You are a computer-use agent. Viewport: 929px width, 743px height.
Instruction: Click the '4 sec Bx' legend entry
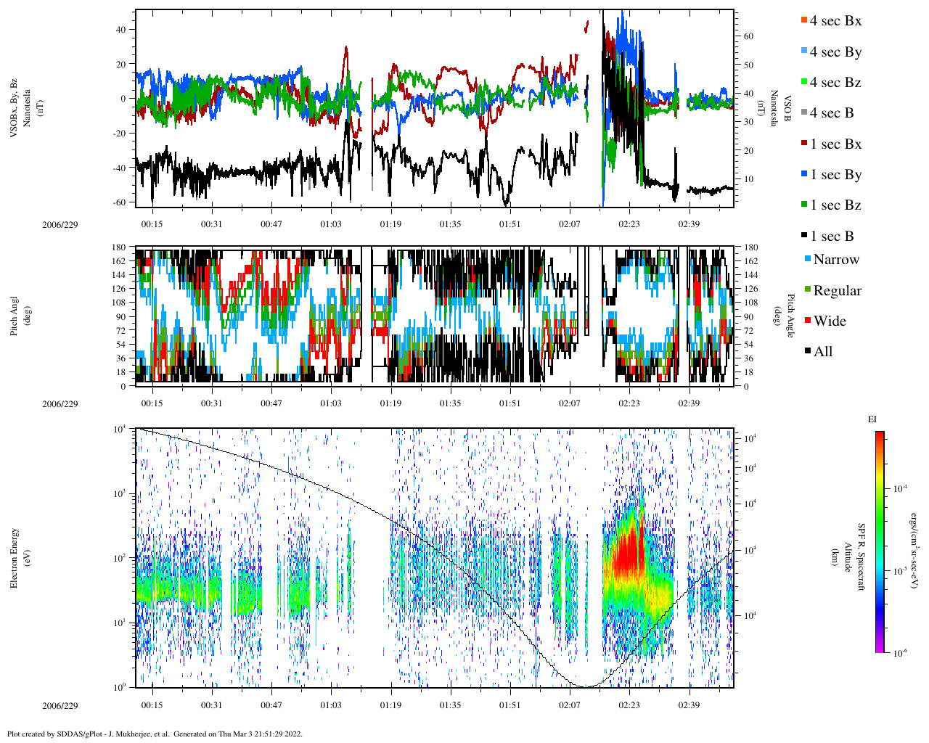(835, 21)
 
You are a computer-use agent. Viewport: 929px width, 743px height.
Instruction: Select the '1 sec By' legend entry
(835, 175)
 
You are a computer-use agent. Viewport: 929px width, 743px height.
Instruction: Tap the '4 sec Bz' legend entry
(835, 83)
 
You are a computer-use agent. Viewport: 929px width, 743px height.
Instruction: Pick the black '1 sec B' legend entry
(832, 237)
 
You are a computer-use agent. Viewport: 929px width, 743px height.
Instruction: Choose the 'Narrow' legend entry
(835, 260)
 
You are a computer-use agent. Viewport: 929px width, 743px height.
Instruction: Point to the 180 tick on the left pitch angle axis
(119, 247)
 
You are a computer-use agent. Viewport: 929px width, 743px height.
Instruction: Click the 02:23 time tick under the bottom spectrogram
(629, 705)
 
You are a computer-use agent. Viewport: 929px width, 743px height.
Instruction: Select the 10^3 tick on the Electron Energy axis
(120, 493)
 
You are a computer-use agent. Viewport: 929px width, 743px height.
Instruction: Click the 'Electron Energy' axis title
(15, 557)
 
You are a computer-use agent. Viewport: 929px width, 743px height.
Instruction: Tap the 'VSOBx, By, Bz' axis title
(14, 109)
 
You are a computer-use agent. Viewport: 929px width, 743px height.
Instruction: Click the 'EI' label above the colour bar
(872, 419)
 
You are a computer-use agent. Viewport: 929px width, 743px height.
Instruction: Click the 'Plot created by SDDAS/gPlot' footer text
(155, 734)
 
